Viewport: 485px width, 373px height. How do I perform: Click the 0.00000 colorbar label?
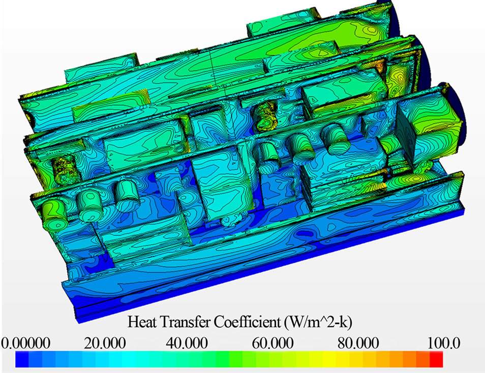pyautogui.click(x=25, y=343)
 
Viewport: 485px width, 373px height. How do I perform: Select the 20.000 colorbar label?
pyautogui.click(x=105, y=343)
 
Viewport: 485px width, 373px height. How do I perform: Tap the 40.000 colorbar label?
pyautogui.click(x=187, y=343)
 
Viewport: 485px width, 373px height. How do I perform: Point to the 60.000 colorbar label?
pyautogui.click(x=272, y=343)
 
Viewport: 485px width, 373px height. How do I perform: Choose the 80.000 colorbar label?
pyautogui.click(x=358, y=343)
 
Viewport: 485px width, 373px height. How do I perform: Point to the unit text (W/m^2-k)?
pyautogui.click(x=317, y=322)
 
